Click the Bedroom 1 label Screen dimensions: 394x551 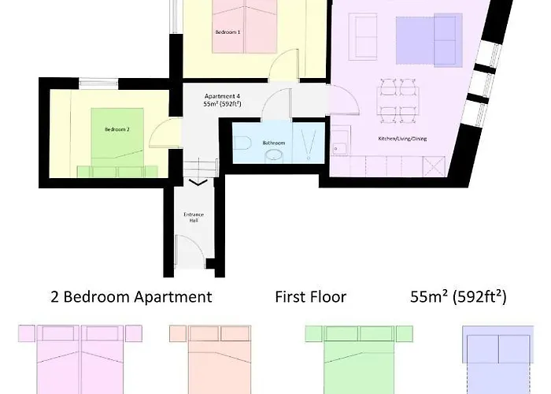(x=227, y=32)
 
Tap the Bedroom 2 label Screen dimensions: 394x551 (x=116, y=129)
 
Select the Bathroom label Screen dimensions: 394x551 (x=274, y=143)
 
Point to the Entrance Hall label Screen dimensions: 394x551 (x=190, y=217)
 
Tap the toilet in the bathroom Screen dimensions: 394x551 (x=243, y=143)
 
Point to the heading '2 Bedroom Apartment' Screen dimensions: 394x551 (x=131, y=297)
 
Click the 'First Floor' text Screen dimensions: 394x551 (x=310, y=297)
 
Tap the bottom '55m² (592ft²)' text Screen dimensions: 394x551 (x=458, y=297)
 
